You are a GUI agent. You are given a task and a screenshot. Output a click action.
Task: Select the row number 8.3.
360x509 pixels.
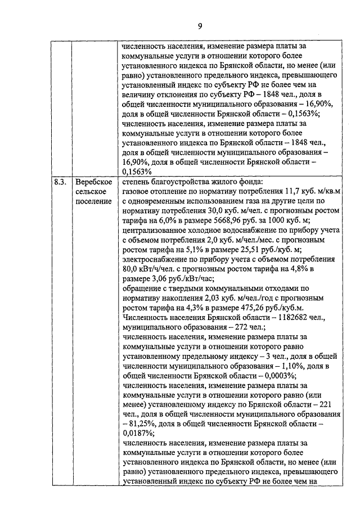pyautogui.click(x=61, y=182)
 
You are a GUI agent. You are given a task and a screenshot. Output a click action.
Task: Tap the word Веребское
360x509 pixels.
pyautogui.click(x=94, y=182)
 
